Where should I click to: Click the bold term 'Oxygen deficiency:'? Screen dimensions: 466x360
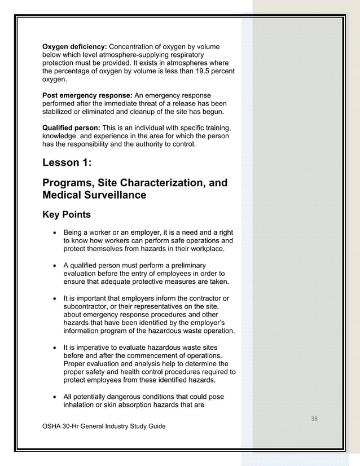(x=74, y=46)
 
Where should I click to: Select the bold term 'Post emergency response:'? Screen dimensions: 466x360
(x=87, y=95)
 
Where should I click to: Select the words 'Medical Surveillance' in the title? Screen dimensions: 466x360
(x=95, y=195)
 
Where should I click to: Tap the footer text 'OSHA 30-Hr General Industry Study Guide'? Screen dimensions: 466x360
(x=104, y=426)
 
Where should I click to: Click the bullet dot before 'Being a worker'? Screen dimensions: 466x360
(x=54, y=232)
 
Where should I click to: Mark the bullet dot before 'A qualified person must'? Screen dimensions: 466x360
(x=54, y=265)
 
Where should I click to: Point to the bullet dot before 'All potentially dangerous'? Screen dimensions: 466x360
(x=54, y=396)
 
